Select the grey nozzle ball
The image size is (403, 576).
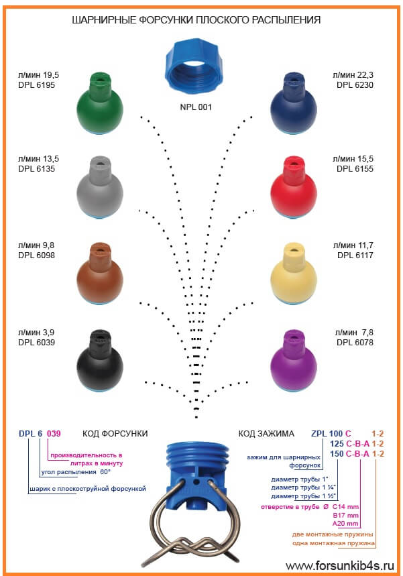(100, 188)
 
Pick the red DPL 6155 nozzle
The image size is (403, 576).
(293, 188)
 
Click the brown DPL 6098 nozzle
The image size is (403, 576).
(100, 274)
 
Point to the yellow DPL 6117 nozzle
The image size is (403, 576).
(293, 274)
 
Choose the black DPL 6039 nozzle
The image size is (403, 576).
(100, 361)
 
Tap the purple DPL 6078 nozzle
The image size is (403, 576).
(293, 361)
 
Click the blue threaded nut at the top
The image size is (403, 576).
(195, 66)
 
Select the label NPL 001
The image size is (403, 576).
(196, 107)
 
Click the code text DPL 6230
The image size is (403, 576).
(355, 85)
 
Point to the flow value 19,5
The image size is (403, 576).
(51, 75)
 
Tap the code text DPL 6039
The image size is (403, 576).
(36, 343)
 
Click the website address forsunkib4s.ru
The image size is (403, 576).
(339, 565)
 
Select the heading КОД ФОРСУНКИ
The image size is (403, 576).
(115, 433)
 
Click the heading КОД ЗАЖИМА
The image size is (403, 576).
(266, 433)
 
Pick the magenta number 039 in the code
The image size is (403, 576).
(54, 433)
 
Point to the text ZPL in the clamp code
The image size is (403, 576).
(319, 433)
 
